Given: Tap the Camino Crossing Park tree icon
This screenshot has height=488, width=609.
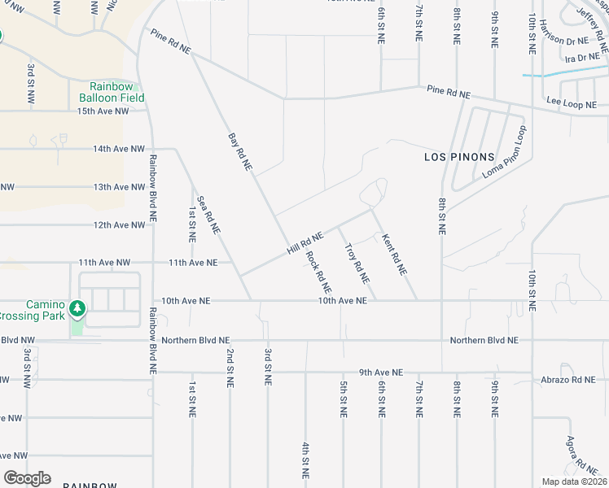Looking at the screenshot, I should (x=77, y=308).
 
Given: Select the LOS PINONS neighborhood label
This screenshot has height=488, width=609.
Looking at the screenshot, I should (x=459, y=156).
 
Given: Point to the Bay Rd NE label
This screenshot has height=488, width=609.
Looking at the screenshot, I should (x=240, y=152).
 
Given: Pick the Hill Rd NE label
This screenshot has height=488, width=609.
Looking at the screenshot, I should (x=305, y=243).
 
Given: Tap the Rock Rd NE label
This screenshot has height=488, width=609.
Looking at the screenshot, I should (x=318, y=271).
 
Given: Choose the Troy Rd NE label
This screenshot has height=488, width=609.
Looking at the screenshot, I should (x=357, y=263).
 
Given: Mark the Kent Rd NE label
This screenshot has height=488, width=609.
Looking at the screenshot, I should (x=393, y=253).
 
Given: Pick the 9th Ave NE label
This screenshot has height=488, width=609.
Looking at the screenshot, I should (x=381, y=373).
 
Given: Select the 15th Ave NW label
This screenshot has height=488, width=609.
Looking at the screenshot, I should (x=103, y=111).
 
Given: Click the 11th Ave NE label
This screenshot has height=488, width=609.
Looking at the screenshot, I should (x=193, y=263).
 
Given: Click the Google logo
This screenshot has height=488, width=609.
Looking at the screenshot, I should (x=27, y=478).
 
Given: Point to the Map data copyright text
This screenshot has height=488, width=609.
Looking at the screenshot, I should (x=574, y=481).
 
